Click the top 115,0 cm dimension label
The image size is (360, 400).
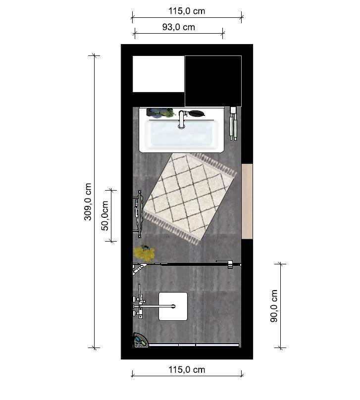[187, 11]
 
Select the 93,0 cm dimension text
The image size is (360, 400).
[179, 27]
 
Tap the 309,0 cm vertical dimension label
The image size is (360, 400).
[88, 201]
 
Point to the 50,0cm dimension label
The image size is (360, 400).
[105, 215]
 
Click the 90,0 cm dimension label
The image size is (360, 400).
[274, 306]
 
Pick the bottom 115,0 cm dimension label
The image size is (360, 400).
[187, 370]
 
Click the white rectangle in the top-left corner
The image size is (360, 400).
[158, 74]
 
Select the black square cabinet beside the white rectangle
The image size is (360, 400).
[213, 81]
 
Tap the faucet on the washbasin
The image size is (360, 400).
[181, 119]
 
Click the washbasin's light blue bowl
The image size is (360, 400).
[181, 134]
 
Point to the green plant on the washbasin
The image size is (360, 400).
[161, 113]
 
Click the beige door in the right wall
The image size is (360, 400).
[247, 201]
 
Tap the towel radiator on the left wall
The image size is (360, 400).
[138, 214]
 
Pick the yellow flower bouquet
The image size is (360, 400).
[144, 253]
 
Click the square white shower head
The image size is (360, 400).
[173, 306]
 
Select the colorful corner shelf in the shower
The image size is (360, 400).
[140, 340]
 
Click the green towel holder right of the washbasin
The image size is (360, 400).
[233, 123]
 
